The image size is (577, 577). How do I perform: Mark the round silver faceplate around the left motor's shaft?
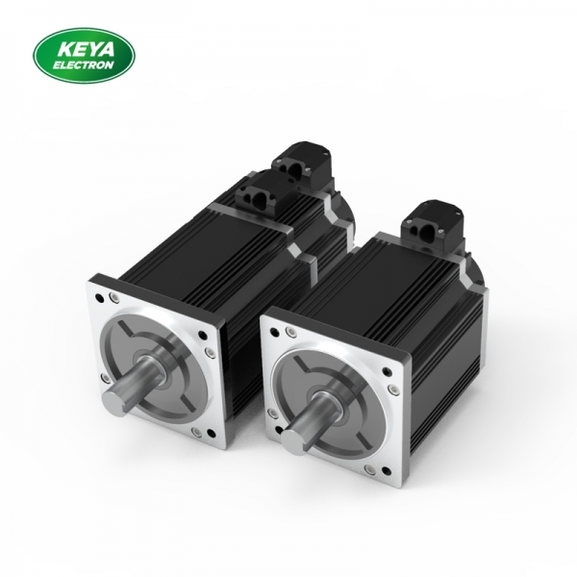(x=159, y=361)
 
